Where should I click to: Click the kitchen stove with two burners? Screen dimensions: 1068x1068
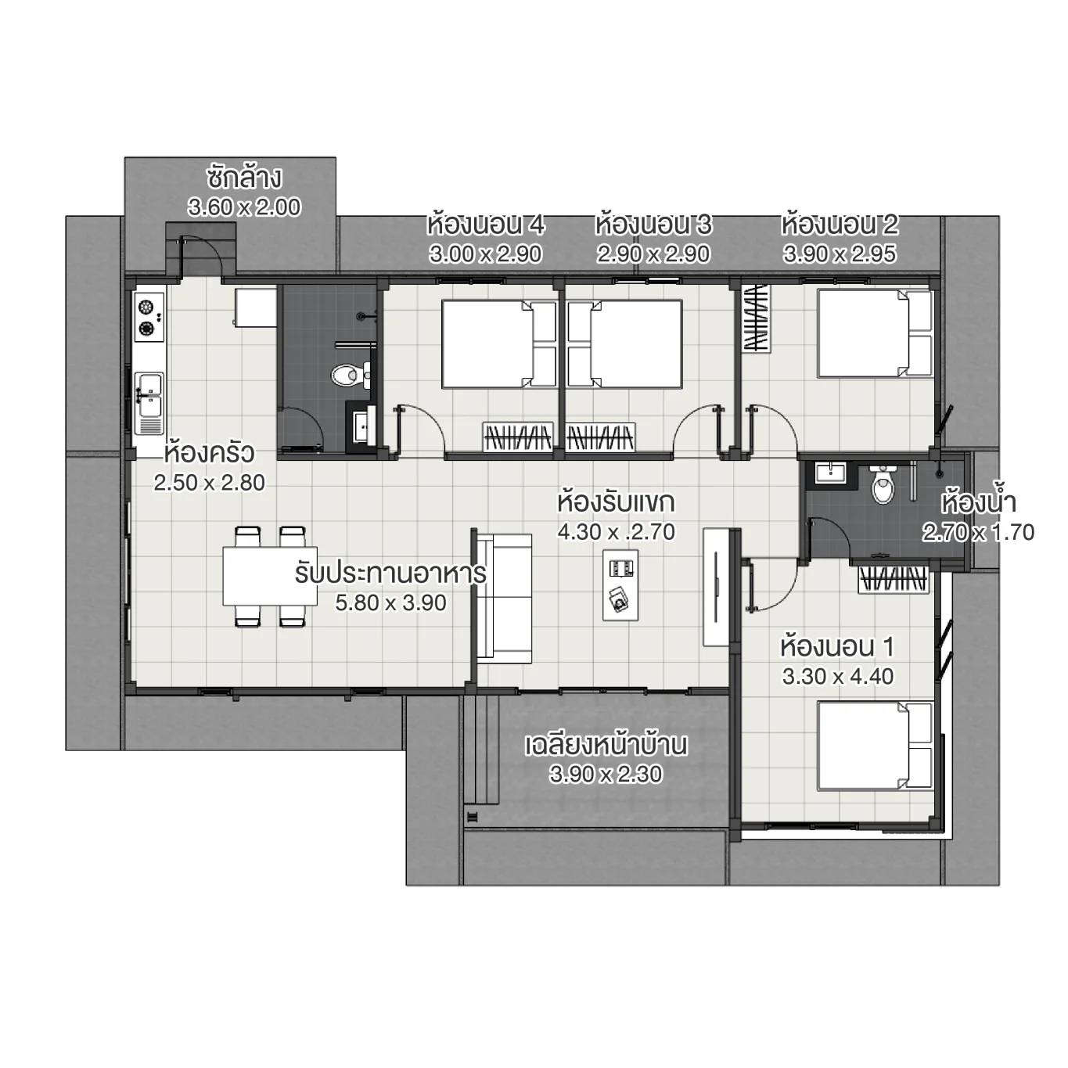click(x=148, y=317)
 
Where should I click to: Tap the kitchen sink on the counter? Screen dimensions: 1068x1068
click(x=148, y=396)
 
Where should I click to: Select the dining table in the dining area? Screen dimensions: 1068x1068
click(x=269, y=576)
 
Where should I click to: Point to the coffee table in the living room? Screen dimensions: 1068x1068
click(x=620, y=584)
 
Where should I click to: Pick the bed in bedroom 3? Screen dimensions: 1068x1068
click(x=624, y=344)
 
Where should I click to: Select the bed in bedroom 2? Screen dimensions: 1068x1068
click(x=875, y=333)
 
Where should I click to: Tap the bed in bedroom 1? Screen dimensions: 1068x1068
click(x=875, y=746)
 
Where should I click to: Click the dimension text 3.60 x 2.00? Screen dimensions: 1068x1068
click(x=244, y=207)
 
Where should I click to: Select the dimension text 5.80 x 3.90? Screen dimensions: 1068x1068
click(x=390, y=603)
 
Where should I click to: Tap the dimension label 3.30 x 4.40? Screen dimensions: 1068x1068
click(x=837, y=677)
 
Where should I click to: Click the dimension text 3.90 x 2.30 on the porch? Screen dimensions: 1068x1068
click(x=606, y=775)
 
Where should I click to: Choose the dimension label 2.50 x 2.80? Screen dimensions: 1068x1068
click(x=209, y=483)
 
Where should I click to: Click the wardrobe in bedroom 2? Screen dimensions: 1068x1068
click(x=756, y=318)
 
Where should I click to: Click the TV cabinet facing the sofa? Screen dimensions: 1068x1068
click(x=716, y=587)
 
